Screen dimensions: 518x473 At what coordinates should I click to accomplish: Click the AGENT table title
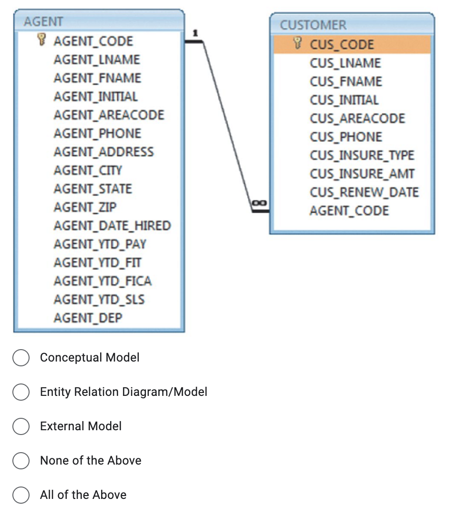[43, 21]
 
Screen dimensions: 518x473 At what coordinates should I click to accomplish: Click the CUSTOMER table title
[313, 25]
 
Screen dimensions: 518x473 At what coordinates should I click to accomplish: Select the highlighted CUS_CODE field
[342, 45]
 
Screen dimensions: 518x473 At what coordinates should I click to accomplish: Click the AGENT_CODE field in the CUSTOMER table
[349, 211]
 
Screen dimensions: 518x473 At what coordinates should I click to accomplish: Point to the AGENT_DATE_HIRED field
[112, 226]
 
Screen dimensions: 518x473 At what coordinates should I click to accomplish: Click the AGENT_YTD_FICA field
[103, 281]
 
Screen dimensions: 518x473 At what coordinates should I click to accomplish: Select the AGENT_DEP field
[88, 318]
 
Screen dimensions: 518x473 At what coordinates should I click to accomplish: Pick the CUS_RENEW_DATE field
[364, 192]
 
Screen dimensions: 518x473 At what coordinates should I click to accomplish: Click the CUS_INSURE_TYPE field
[362, 155]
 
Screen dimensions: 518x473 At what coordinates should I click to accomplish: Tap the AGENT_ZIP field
[85, 207]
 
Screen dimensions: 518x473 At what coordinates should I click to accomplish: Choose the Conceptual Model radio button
[21, 358]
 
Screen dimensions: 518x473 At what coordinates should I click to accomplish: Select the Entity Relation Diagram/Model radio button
[21, 392]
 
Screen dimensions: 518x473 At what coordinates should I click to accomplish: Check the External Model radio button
[21, 426]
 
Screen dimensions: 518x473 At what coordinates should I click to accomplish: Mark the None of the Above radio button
[21, 461]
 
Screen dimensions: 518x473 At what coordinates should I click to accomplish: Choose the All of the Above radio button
[21, 495]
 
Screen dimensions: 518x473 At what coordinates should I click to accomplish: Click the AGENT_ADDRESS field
[103, 152]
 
